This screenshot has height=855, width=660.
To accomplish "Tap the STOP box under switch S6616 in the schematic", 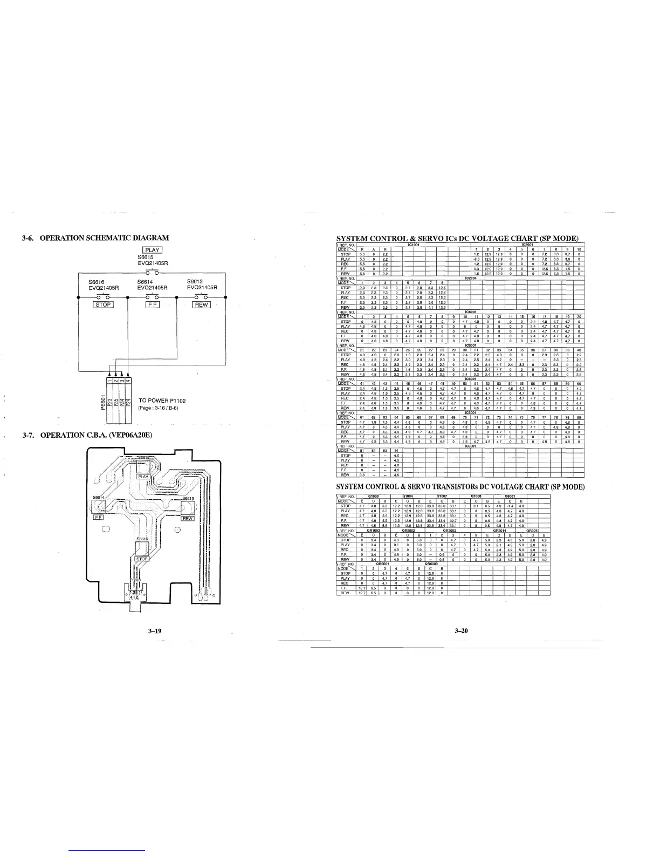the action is coord(103,305).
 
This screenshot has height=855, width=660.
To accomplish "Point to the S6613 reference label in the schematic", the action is coord(195,281).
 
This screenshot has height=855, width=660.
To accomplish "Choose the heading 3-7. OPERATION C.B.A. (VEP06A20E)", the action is coord(87,435).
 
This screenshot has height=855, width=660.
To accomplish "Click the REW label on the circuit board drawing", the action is coord(187,519).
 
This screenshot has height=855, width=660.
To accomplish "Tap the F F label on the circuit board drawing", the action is coord(99,517).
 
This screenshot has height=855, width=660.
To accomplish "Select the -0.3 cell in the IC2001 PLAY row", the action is coord(476,259).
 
